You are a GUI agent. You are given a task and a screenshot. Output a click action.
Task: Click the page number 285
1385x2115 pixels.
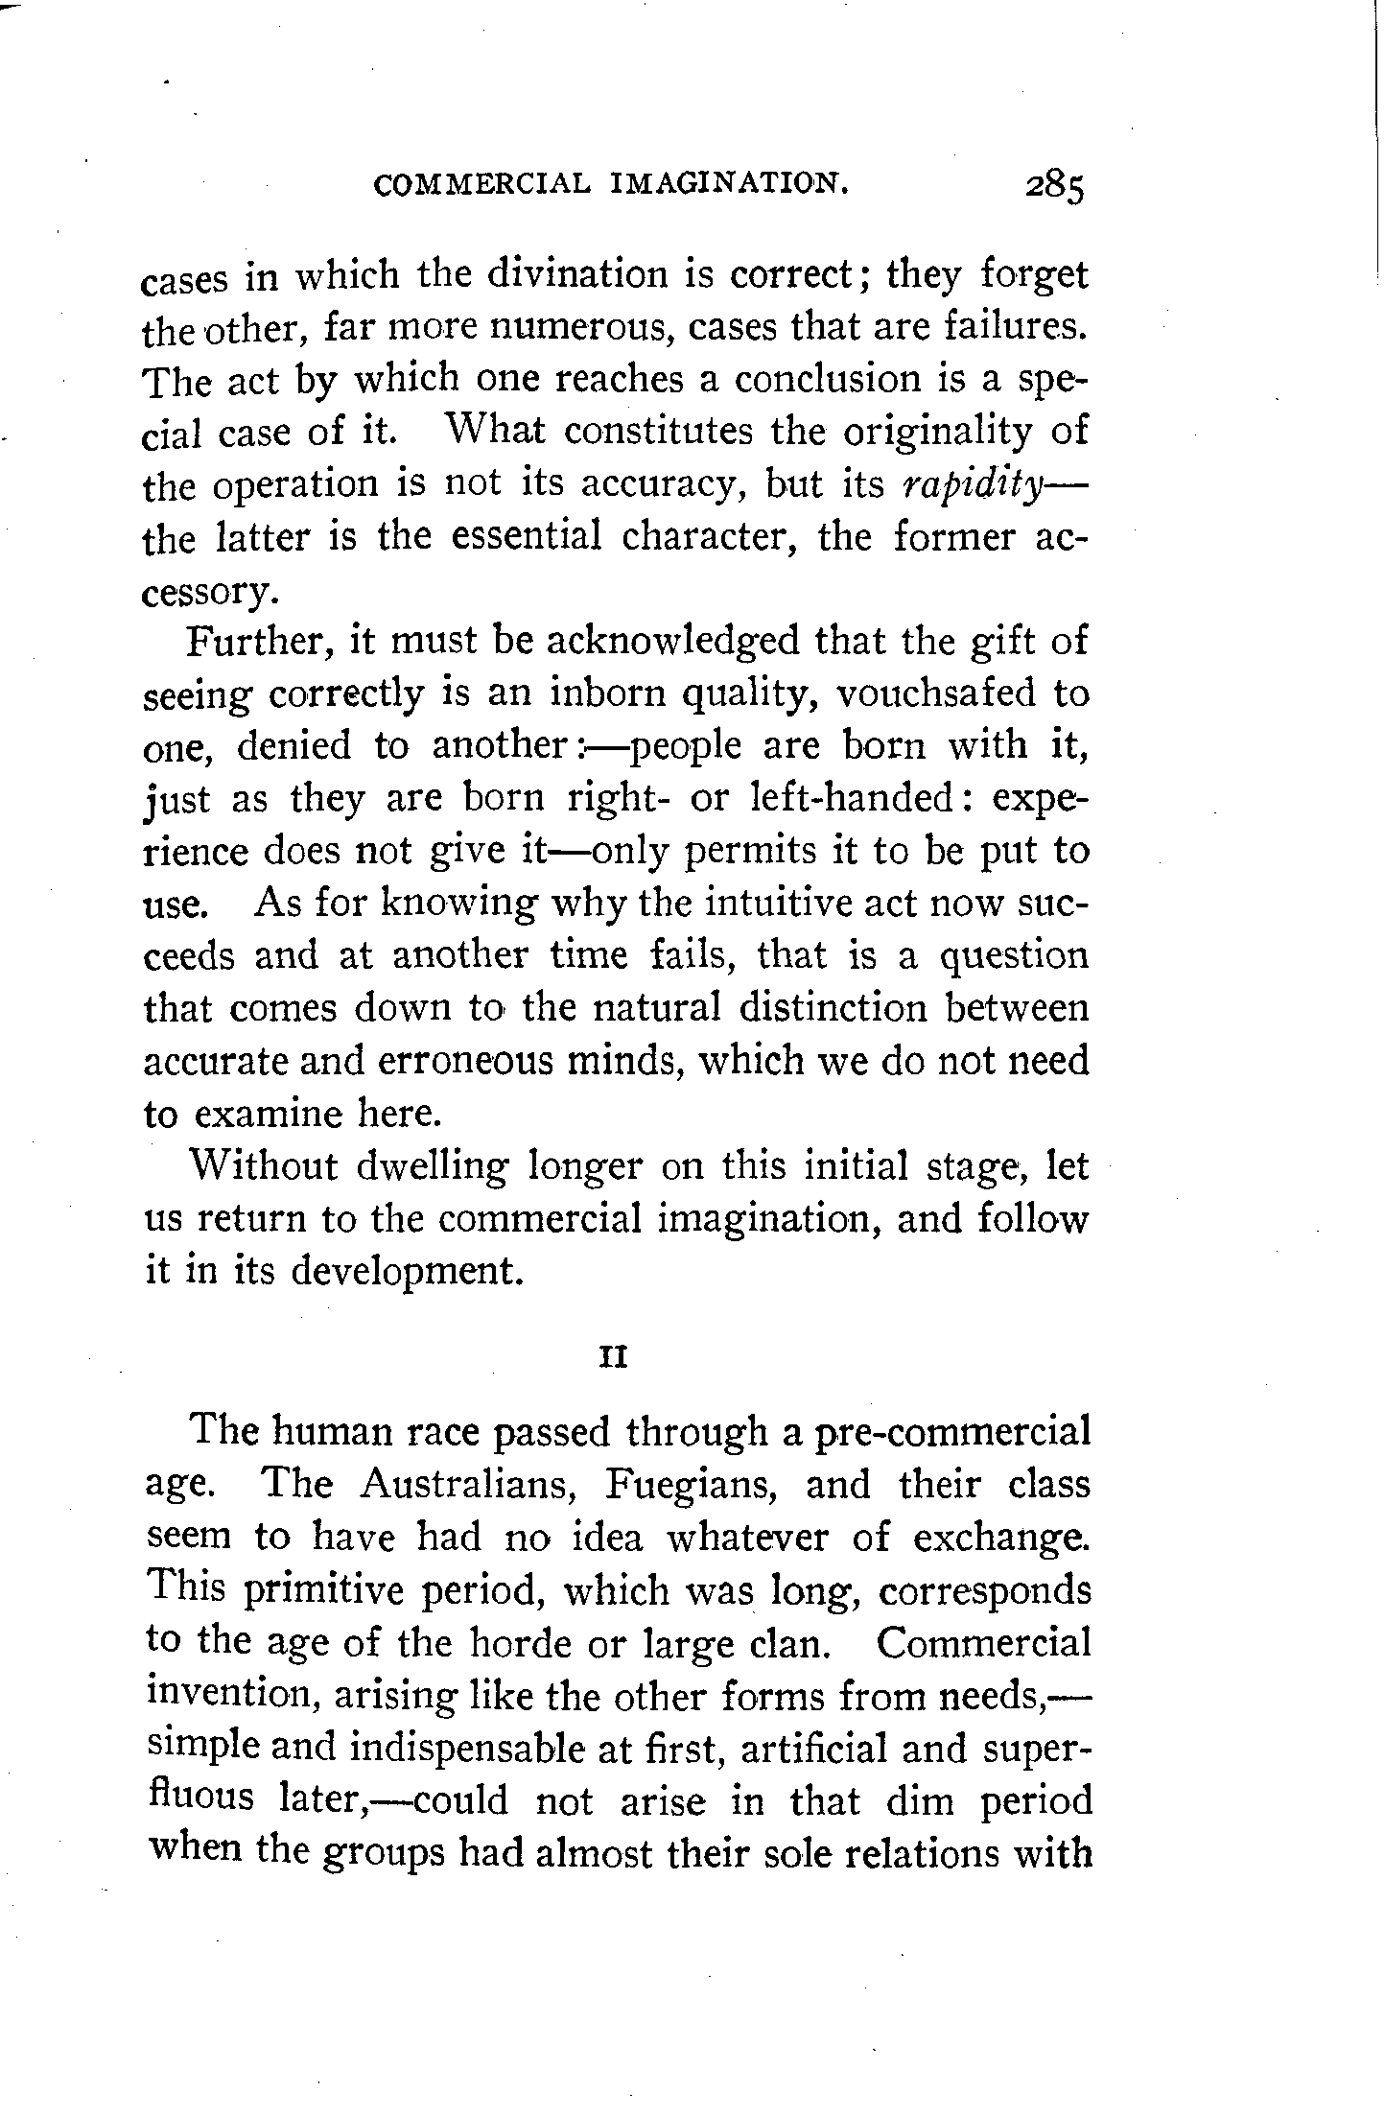[1053, 187]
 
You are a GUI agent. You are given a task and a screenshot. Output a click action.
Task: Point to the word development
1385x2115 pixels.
[407, 1272]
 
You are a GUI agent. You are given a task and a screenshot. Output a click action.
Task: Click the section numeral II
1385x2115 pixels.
[613, 1359]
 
